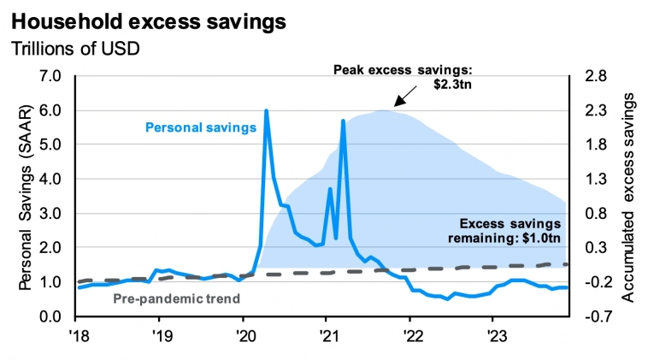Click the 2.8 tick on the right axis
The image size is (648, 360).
[597, 76]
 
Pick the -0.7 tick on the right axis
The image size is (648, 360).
[595, 316]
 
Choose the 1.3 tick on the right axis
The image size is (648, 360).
[597, 180]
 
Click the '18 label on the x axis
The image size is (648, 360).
[78, 334]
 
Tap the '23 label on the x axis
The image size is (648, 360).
[492, 334]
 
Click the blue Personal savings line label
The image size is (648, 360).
[201, 128]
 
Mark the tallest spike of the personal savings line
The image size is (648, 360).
[267, 111]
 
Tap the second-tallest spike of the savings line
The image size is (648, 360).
[343, 121]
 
